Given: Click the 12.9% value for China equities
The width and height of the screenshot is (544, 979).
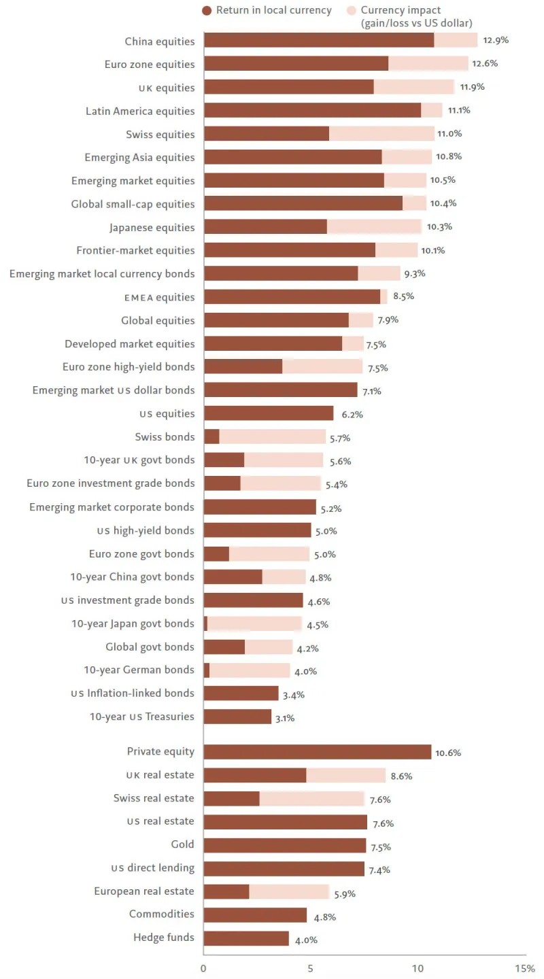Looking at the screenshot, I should (x=496, y=40).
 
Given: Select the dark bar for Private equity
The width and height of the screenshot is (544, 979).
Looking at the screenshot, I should (x=317, y=751).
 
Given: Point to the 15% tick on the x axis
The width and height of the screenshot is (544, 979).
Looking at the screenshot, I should (x=525, y=968).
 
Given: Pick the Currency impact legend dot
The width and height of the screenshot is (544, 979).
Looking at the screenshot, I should (x=351, y=10).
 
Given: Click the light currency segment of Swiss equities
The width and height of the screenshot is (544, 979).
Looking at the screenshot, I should (x=381, y=134).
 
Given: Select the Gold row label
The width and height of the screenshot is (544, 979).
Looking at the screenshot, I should (x=182, y=844).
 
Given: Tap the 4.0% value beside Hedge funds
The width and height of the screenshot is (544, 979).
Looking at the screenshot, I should (x=305, y=940).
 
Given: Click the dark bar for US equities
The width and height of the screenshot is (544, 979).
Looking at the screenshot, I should (x=269, y=413).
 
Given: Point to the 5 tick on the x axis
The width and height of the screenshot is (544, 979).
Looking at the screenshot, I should (x=311, y=968).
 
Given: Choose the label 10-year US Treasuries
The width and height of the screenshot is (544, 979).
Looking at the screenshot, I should (x=141, y=716).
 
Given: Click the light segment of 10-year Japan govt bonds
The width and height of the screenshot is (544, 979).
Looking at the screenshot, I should (x=254, y=623).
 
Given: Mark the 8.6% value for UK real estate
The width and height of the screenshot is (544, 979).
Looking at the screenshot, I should (x=401, y=776).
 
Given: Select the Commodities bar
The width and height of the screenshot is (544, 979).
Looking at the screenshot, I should (x=255, y=914).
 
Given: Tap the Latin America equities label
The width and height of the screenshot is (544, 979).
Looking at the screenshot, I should (x=140, y=111).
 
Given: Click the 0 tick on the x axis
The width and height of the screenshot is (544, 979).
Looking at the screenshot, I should (x=204, y=968).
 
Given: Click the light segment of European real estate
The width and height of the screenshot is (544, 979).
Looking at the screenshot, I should (x=289, y=891).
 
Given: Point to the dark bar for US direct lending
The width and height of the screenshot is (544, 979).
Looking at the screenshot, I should (x=284, y=868).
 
